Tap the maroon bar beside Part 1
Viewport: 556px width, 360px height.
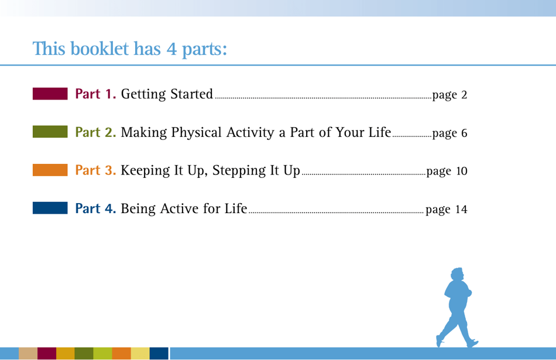(x=50, y=94)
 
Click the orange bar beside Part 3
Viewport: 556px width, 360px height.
(x=50, y=171)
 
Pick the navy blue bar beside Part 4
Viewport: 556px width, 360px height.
(x=50, y=209)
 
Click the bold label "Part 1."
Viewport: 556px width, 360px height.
(x=97, y=94)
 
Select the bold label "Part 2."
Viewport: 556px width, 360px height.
(x=97, y=133)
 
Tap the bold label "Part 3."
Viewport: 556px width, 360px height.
(x=97, y=171)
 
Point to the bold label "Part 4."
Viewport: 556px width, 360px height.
(x=97, y=209)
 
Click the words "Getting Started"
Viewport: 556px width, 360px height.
(x=167, y=94)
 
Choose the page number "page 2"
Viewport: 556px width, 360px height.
(x=448, y=95)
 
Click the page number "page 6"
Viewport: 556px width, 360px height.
(x=448, y=133)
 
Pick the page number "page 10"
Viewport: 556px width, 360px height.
(x=447, y=172)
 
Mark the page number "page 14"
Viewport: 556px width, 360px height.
(x=447, y=210)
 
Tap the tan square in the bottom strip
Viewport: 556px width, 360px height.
(x=28, y=354)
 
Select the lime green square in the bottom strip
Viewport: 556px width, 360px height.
(x=102, y=354)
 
